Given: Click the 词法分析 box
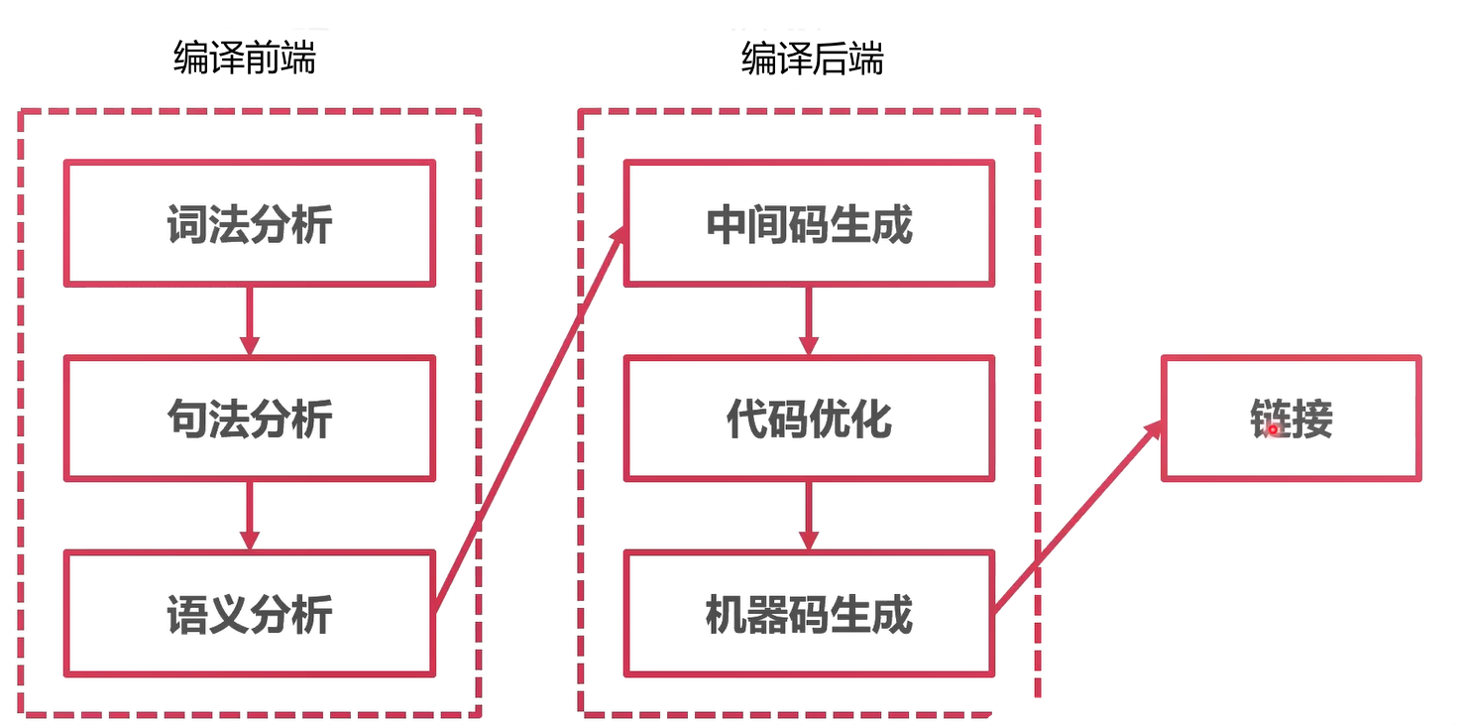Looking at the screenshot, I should click(x=249, y=224).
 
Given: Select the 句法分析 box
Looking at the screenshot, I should click(x=249, y=419).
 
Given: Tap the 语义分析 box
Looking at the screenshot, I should click(x=249, y=614).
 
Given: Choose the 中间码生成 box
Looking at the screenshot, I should click(x=808, y=224).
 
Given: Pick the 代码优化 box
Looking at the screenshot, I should click(x=808, y=419).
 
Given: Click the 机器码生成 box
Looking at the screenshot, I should click(x=808, y=614).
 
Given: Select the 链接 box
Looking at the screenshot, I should click(x=1291, y=419).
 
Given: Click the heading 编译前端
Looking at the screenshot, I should click(x=244, y=60).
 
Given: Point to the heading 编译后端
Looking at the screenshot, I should click(x=812, y=60).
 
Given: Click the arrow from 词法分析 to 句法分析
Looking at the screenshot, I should click(x=249, y=320).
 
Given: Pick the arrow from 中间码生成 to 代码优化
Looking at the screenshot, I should click(x=808, y=320).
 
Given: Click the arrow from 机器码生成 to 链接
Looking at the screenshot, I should click(x=1077, y=516).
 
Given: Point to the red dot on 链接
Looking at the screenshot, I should click(x=1274, y=429).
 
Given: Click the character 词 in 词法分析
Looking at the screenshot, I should click(x=187, y=225).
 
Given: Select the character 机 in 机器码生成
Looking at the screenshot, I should click(x=726, y=615).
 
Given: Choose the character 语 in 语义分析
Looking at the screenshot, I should click(x=187, y=615).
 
